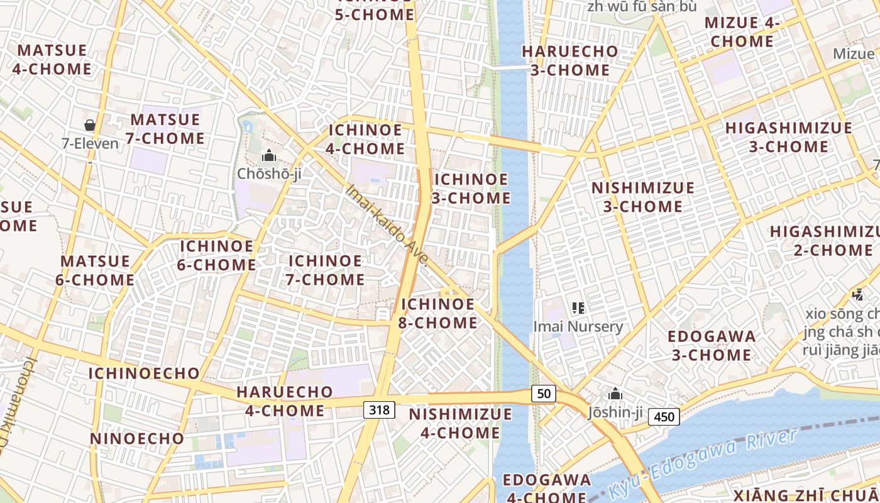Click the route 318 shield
(x=379, y=410)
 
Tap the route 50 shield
(x=544, y=394)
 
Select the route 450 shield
(x=664, y=416)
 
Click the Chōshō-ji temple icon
(x=269, y=155)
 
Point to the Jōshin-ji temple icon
(x=615, y=394)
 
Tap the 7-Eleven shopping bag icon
(x=90, y=125)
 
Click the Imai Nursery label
(x=578, y=326)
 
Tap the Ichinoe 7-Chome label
(x=326, y=270)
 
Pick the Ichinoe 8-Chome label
(x=437, y=314)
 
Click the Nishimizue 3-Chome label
(x=643, y=197)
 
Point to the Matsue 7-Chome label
(x=167, y=129)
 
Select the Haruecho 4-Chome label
(x=284, y=401)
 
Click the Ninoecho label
(x=138, y=438)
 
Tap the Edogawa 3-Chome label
(x=712, y=346)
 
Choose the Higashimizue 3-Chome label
(x=789, y=137)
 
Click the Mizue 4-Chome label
(x=742, y=32)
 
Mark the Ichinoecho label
(x=144, y=373)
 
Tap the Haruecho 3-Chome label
(x=570, y=60)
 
